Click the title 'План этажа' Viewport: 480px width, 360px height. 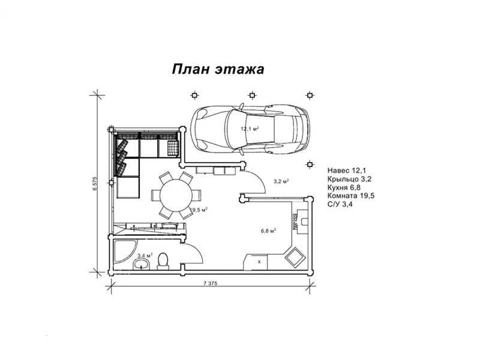coord(218,68)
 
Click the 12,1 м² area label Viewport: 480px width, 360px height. coord(250,129)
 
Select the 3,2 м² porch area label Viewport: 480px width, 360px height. coord(281,181)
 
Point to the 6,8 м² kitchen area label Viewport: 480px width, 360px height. coord(268,230)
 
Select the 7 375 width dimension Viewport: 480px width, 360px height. coord(209,283)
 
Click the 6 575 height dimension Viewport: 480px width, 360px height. coord(95,184)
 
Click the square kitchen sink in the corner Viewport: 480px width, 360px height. coord(295,257)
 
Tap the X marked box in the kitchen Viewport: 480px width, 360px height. coord(259,262)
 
